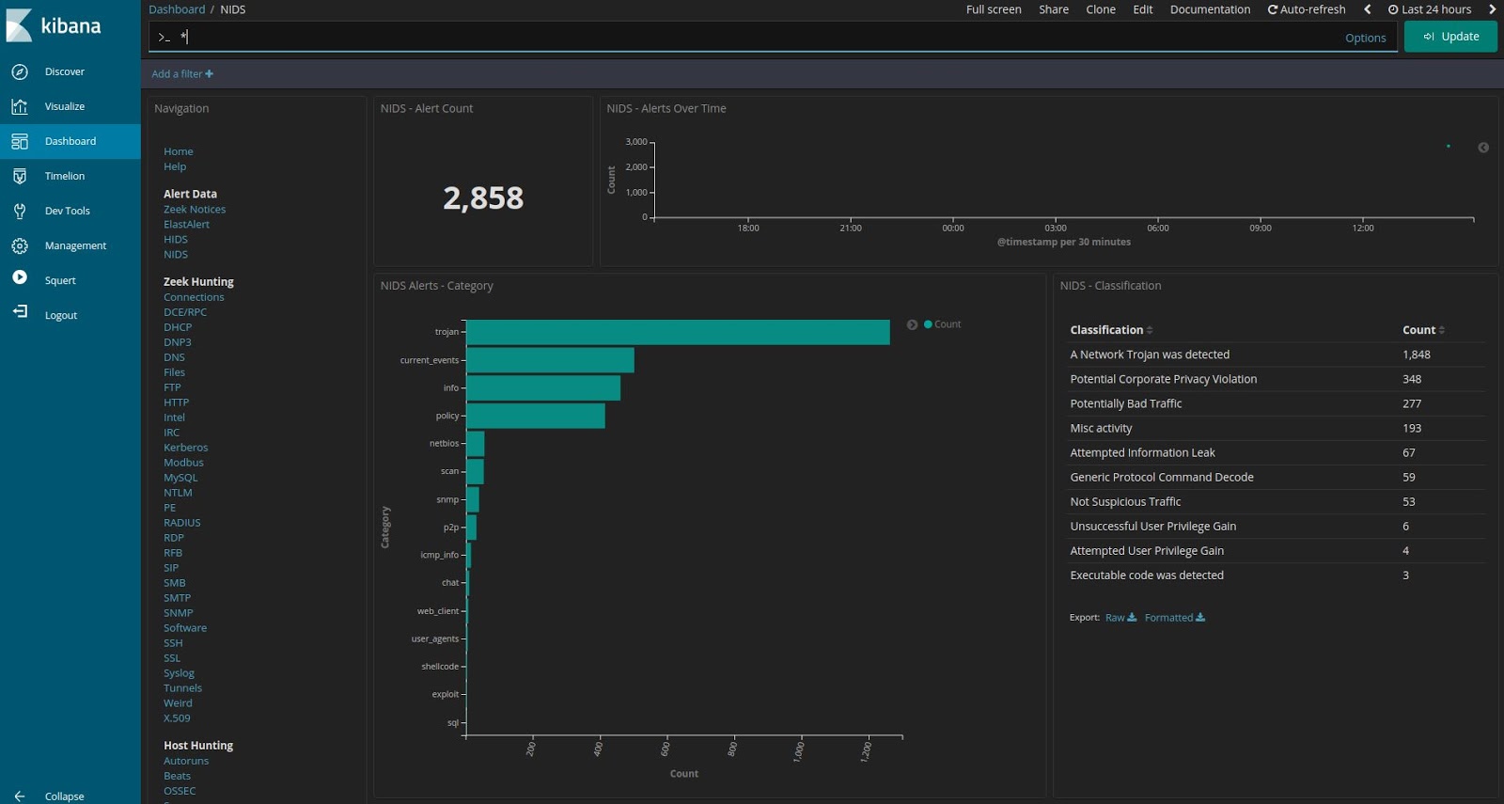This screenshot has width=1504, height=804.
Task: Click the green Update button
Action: [1450, 37]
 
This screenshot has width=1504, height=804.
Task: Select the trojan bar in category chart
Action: [677, 332]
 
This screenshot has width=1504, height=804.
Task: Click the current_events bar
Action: [550, 360]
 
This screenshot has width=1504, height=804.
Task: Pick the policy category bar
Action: [535, 416]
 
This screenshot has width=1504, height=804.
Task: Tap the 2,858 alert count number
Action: [483, 198]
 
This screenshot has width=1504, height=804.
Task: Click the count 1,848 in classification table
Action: [1416, 355]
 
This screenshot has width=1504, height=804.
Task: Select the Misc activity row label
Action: [1101, 428]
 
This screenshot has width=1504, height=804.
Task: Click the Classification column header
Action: [1106, 330]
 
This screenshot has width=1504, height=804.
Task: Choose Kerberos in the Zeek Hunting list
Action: [185, 448]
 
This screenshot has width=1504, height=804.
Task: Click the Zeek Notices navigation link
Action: [195, 210]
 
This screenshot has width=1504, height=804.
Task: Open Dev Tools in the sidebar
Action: [67, 211]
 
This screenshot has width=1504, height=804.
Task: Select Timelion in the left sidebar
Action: [64, 176]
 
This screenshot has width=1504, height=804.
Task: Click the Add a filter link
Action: [182, 74]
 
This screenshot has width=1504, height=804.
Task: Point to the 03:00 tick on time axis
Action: [1055, 228]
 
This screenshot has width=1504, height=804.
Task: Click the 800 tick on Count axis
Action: [733, 749]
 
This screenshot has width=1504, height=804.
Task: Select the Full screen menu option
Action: [993, 9]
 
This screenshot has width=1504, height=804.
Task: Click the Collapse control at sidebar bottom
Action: [63, 796]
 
